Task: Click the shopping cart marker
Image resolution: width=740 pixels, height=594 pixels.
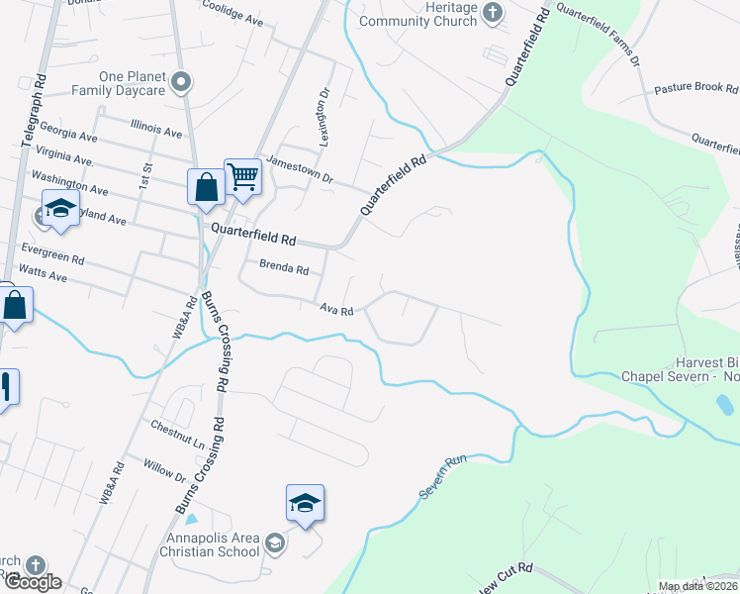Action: (242, 178)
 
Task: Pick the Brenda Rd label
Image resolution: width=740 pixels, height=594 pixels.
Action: (284, 267)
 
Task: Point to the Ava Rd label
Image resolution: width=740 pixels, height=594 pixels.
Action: (336, 310)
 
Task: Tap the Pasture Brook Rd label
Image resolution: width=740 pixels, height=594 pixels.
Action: (696, 88)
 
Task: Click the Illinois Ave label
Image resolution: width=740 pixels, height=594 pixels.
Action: (157, 130)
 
